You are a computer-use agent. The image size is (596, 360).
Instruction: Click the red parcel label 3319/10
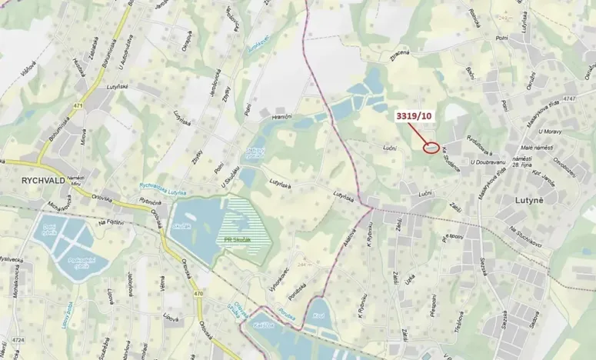point(414,116)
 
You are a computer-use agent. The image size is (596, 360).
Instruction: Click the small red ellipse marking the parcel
point(432,147)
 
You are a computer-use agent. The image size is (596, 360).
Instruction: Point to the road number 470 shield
point(200,294)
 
